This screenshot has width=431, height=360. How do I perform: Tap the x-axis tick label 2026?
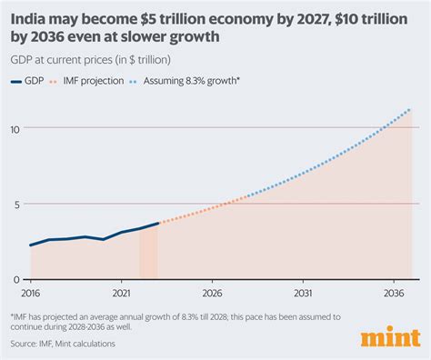coord(212,294)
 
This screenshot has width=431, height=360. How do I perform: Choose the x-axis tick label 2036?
coord(394,294)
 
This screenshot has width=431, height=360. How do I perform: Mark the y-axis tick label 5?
coord(16,204)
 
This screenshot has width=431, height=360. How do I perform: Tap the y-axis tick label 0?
coord(16,279)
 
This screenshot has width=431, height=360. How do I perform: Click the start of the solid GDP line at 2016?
coord(30,245)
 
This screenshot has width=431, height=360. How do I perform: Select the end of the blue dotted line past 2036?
coord(411,110)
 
